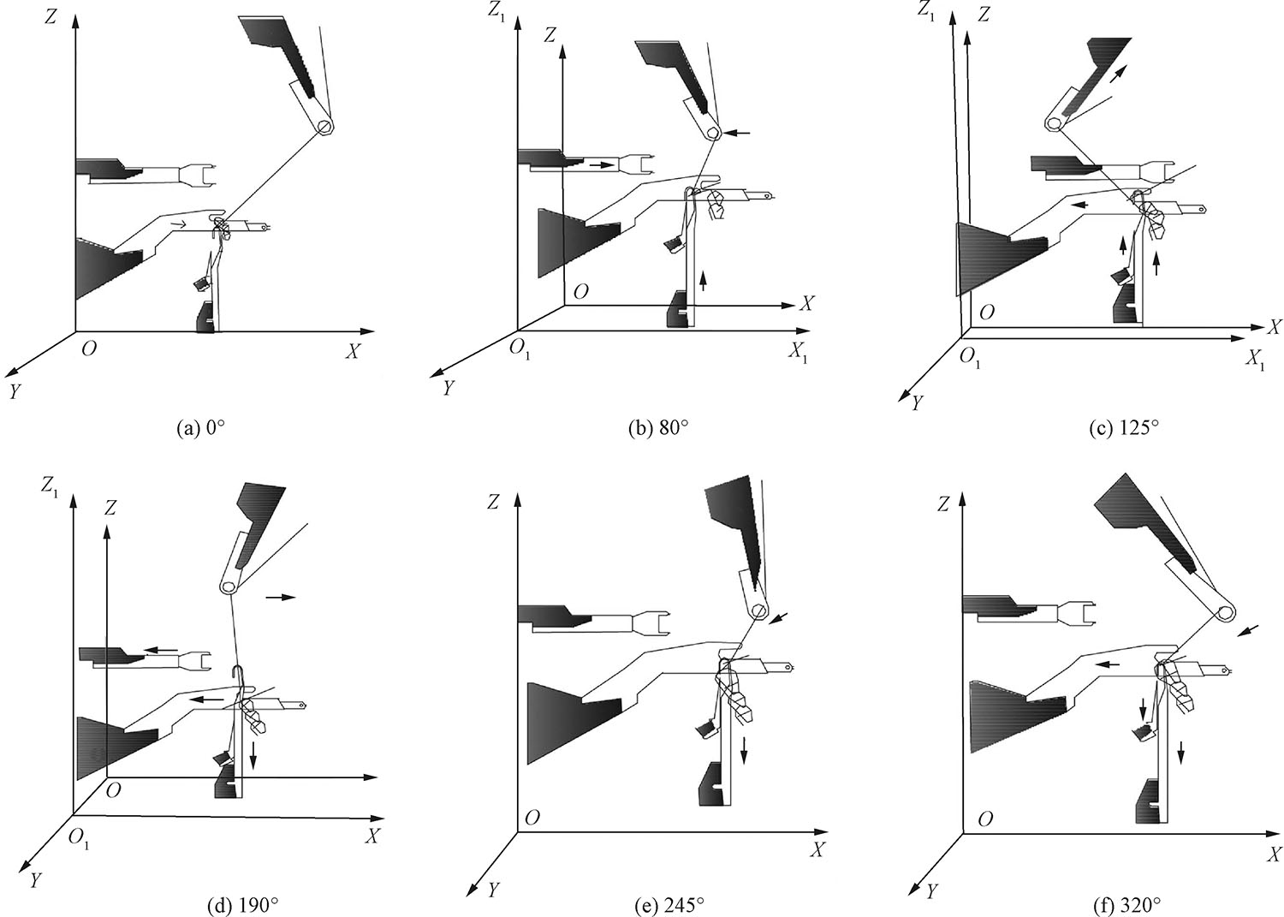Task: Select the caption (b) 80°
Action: [658, 428]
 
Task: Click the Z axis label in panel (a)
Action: [52, 17]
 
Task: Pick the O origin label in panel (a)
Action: [88, 349]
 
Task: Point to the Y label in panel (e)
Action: [492, 891]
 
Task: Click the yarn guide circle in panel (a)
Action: [325, 127]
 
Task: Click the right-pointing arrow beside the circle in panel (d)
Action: [280, 597]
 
